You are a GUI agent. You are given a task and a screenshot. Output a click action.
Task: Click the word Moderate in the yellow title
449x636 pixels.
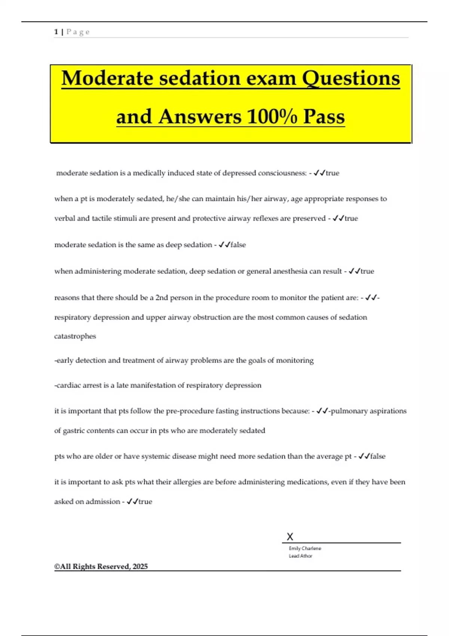(107, 79)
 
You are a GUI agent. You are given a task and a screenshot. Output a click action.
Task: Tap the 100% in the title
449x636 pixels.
(272, 117)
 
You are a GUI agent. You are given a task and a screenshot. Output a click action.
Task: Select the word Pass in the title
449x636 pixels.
(324, 117)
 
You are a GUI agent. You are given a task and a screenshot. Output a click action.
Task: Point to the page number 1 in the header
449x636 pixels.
(56, 32)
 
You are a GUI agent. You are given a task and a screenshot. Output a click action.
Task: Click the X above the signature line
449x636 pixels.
(290, 537)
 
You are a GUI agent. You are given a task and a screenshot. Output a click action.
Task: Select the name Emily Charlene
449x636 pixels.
(305, 548)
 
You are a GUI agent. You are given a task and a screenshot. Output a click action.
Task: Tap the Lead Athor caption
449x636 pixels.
(300, 556)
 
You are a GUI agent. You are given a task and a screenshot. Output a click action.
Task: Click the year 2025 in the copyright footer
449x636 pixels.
(140, 566)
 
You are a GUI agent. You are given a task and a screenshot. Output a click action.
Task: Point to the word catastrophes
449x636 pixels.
(75, 336)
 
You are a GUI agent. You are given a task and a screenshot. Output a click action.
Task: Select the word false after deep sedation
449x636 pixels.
(238, 245)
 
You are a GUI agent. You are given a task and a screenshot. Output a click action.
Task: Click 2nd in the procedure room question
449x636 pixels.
(162, 298)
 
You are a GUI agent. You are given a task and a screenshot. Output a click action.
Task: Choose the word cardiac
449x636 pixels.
(68, 385)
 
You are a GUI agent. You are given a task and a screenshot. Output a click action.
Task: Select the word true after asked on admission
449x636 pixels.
(145, 502)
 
